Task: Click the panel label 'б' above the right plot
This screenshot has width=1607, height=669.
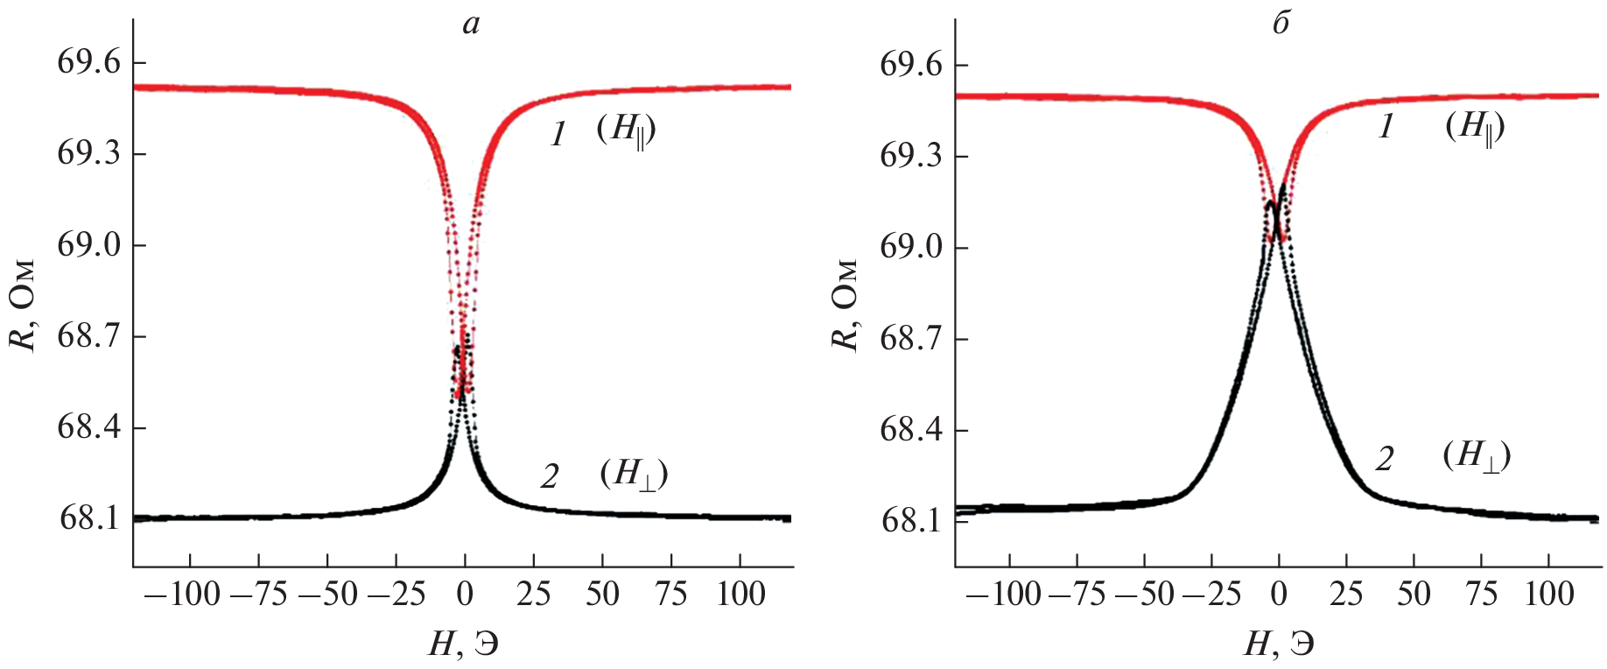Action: pos(1281,24)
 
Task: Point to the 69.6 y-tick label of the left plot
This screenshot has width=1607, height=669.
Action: pos(88,63)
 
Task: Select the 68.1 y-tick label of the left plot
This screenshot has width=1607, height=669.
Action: pos(88,518)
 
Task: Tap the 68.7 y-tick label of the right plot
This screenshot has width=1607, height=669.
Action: pos(911,339)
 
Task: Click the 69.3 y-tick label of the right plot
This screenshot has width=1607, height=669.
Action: pos(911,157)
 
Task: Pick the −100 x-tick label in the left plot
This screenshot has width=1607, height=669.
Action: pos(182,595)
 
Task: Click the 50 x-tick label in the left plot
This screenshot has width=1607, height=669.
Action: pos(602,595)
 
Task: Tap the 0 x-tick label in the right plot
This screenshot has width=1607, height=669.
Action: pos(1279,595)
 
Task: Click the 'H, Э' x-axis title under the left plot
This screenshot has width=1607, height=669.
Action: pos(464,645)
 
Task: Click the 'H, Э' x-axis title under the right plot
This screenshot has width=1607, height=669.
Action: pos(1279,645)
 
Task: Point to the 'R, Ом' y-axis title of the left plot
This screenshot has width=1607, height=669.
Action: pos(25,305)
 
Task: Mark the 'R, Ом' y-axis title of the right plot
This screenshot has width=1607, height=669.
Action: pos(846,305)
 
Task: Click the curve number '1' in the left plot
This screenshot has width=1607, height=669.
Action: pos(558,135)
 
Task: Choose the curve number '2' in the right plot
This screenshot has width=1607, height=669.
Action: pos(1384,459)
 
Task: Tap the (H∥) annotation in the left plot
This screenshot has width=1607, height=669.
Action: pos(627,130)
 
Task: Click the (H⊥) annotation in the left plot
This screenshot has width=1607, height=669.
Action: pos(635,474)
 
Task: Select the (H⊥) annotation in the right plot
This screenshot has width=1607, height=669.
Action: pos(1477,456)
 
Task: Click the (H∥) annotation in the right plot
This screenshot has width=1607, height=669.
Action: pos(1476,128)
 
